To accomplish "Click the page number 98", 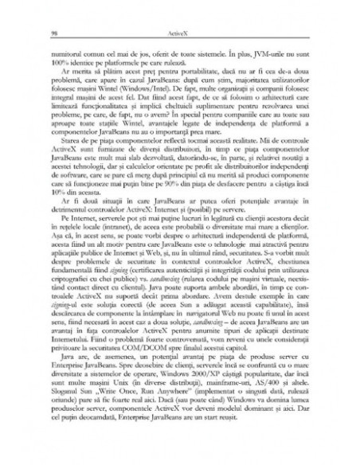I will point(53,33).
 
